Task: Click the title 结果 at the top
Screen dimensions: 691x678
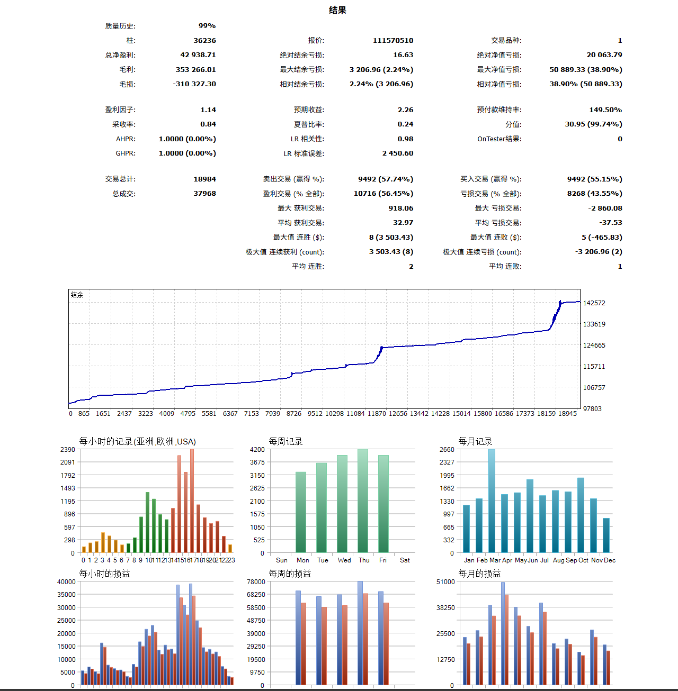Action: [x=337, y=10]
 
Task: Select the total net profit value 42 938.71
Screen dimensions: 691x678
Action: [x=198, y=55]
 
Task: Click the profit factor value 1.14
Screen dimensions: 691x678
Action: [x=208, y=110]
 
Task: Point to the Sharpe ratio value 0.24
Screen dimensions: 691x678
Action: [x=405, y=124]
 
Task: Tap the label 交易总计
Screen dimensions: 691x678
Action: [x=120, y=179]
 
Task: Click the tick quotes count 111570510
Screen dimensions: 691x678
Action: [x=393, y=41]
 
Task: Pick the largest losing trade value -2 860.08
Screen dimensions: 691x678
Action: [x=603, y=208]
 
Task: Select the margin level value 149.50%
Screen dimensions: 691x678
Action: [x=605, y=110]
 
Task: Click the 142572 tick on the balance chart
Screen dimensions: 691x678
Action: [x=594, y=303]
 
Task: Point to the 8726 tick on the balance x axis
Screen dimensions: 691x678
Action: [x=294, y=414]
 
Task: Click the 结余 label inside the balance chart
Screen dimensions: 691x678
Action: [x=77, y=295]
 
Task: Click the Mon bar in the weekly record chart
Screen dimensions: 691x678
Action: [x=301, y=512]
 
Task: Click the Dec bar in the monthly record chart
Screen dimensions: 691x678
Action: [x=606, y=535]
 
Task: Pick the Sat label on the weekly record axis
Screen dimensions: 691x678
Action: [x=405, y=560]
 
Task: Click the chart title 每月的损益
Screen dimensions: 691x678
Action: [x=479, y=574]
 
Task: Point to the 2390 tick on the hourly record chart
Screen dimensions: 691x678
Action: [x=68, y=450]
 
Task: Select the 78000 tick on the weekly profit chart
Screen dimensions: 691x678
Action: [x=256, y=582]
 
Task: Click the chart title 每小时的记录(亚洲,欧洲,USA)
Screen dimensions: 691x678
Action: [x=137, y=441]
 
